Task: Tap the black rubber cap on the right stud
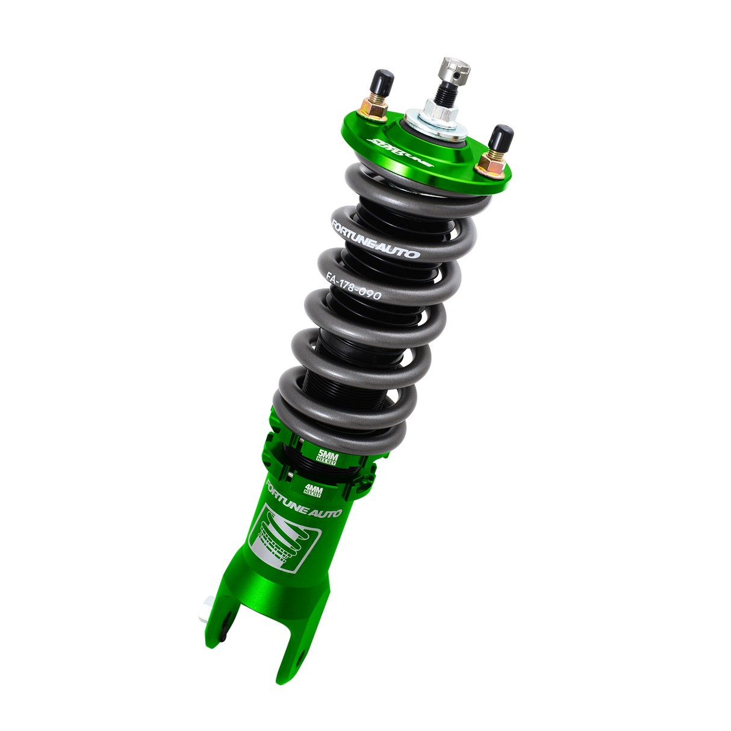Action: click(500, 137)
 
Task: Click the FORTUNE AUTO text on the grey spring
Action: click(375, 237)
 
